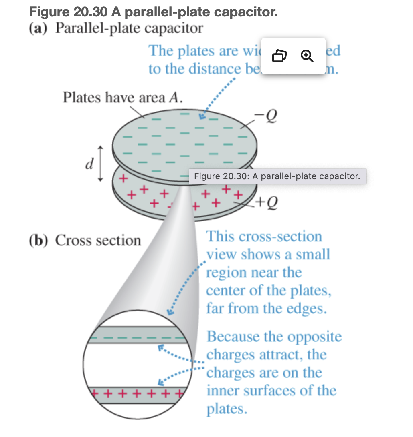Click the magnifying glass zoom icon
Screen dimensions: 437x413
point(307,56)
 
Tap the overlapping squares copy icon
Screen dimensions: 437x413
point(279,56)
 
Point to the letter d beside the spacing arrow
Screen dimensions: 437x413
point(90,163)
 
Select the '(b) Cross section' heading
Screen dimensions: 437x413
point(85,240)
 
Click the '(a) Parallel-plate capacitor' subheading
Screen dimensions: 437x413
point(116,29)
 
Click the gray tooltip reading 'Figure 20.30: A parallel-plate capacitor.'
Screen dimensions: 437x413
point(277,176)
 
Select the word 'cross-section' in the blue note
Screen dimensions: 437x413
point(281,236)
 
